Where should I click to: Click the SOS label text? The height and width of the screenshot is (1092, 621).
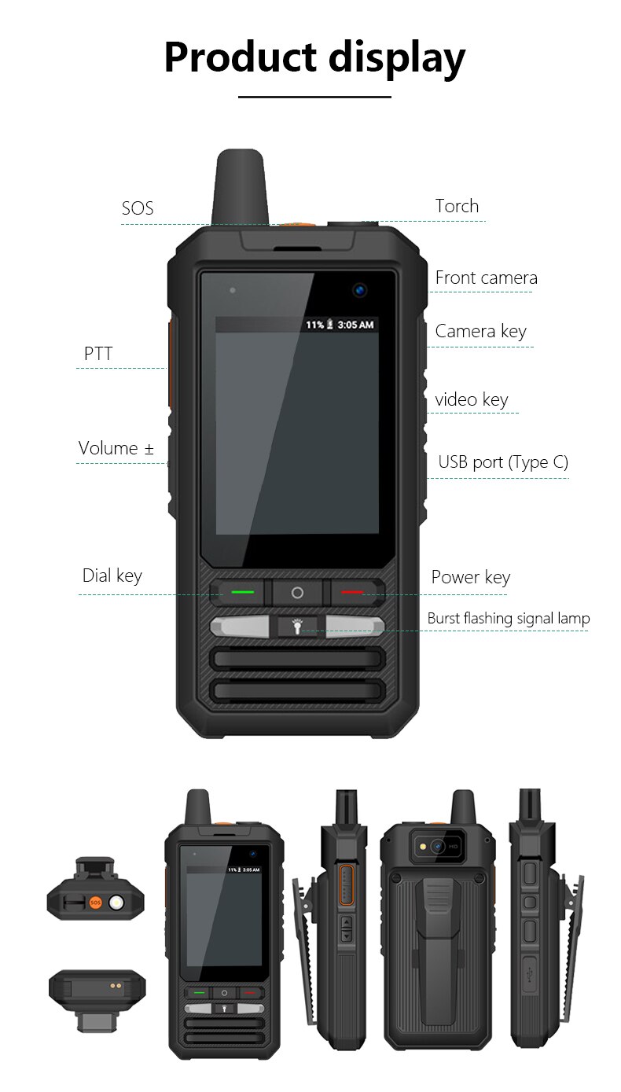tap(138, 208)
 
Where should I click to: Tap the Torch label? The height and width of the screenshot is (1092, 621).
tap(457, 206)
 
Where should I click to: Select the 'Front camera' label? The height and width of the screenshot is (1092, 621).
tap(486, 278)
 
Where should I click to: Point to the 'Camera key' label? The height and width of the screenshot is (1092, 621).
tap(480, 331)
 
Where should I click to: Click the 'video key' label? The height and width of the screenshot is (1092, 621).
tap(472, 399)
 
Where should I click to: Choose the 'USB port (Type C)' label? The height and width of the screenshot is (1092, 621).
tap(503, 461)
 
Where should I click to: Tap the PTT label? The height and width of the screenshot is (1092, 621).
tap(98, 354)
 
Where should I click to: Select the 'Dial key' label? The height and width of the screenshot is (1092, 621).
tap(112, 575)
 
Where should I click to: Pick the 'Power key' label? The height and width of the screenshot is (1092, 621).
tap(470, 577)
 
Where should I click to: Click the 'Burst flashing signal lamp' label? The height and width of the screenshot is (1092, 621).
tap(508, 619)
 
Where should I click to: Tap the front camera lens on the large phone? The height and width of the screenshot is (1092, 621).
tap(360, 290)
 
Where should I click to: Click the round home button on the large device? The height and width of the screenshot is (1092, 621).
tap(297, 592)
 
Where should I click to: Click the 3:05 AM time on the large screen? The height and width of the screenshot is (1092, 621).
tap(355, 325)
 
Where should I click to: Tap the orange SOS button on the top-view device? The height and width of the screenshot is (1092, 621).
tap(95, 903)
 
